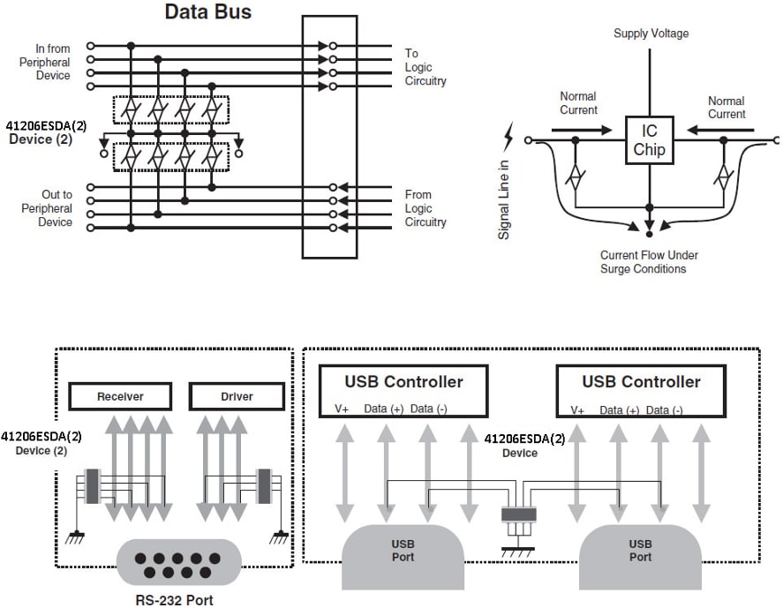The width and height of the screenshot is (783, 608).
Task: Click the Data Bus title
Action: point(208,12)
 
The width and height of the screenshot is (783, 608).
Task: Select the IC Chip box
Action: point(649,140)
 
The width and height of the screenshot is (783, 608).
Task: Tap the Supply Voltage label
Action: point(651,34)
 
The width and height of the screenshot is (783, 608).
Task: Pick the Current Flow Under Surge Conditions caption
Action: point(649,261)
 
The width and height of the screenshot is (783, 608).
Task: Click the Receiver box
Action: point(120,396)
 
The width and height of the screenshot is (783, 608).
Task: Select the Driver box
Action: point(237,396)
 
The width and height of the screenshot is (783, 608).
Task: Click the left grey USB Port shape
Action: point(403,552)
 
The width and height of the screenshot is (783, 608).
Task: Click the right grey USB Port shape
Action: point(640,552)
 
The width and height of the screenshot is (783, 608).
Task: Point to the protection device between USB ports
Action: point(519,516)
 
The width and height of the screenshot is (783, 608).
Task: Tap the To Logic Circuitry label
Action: point(425,67)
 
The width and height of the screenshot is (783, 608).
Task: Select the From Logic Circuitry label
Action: point(425,208)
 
